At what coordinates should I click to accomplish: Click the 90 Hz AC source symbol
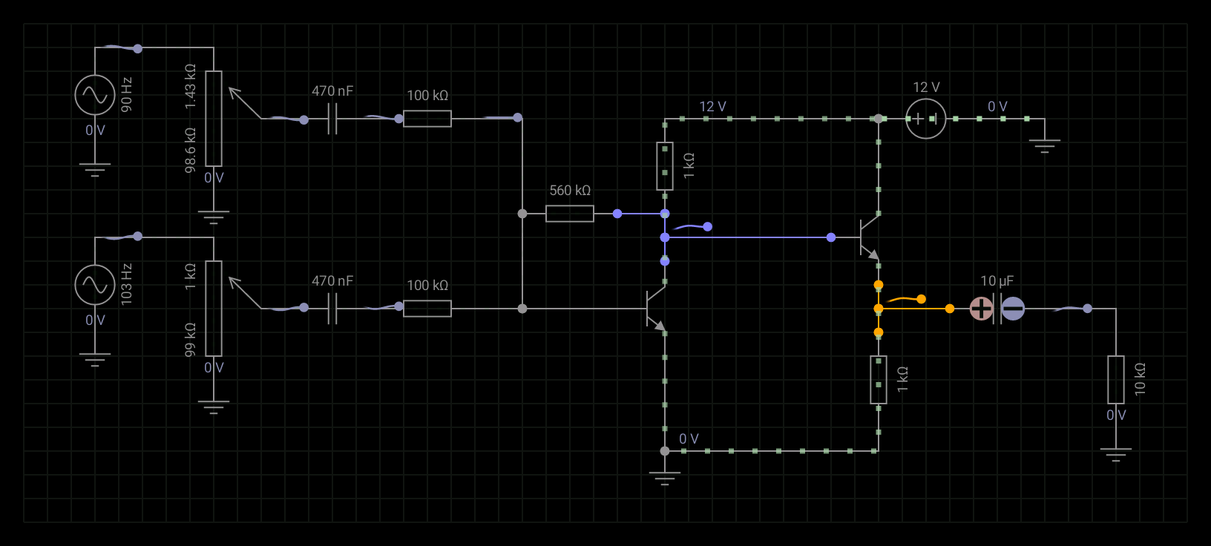(95, 95)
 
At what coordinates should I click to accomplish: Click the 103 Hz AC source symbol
(95, 285)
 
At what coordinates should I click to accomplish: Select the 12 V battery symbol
(926, 119)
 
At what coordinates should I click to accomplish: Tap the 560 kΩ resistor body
(570, 214)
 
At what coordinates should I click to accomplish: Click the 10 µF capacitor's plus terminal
(981, 309)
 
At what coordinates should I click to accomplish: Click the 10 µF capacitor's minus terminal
(1013, 309)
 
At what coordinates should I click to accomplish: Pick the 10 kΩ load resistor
(1116, 380)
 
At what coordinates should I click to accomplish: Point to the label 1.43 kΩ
(191, 86)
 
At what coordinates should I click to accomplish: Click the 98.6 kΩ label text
(191, 150)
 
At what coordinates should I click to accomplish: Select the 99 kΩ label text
(191, 340)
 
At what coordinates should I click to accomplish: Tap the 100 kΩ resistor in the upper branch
(427, 119)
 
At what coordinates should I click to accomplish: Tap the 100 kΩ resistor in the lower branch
(427, 309)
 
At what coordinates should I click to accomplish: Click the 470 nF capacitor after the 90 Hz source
(332, 119)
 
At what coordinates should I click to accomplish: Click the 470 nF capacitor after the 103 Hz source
(332, 309)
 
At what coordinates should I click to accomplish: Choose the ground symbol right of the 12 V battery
(1045, 145)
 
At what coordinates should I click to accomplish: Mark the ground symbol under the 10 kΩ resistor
(1116, 454)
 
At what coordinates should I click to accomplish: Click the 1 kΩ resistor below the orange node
(879, 380)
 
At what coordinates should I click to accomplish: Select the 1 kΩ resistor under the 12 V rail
(665, 166)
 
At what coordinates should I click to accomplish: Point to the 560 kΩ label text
(570, 191)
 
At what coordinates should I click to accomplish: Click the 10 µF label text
(997, 281)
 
